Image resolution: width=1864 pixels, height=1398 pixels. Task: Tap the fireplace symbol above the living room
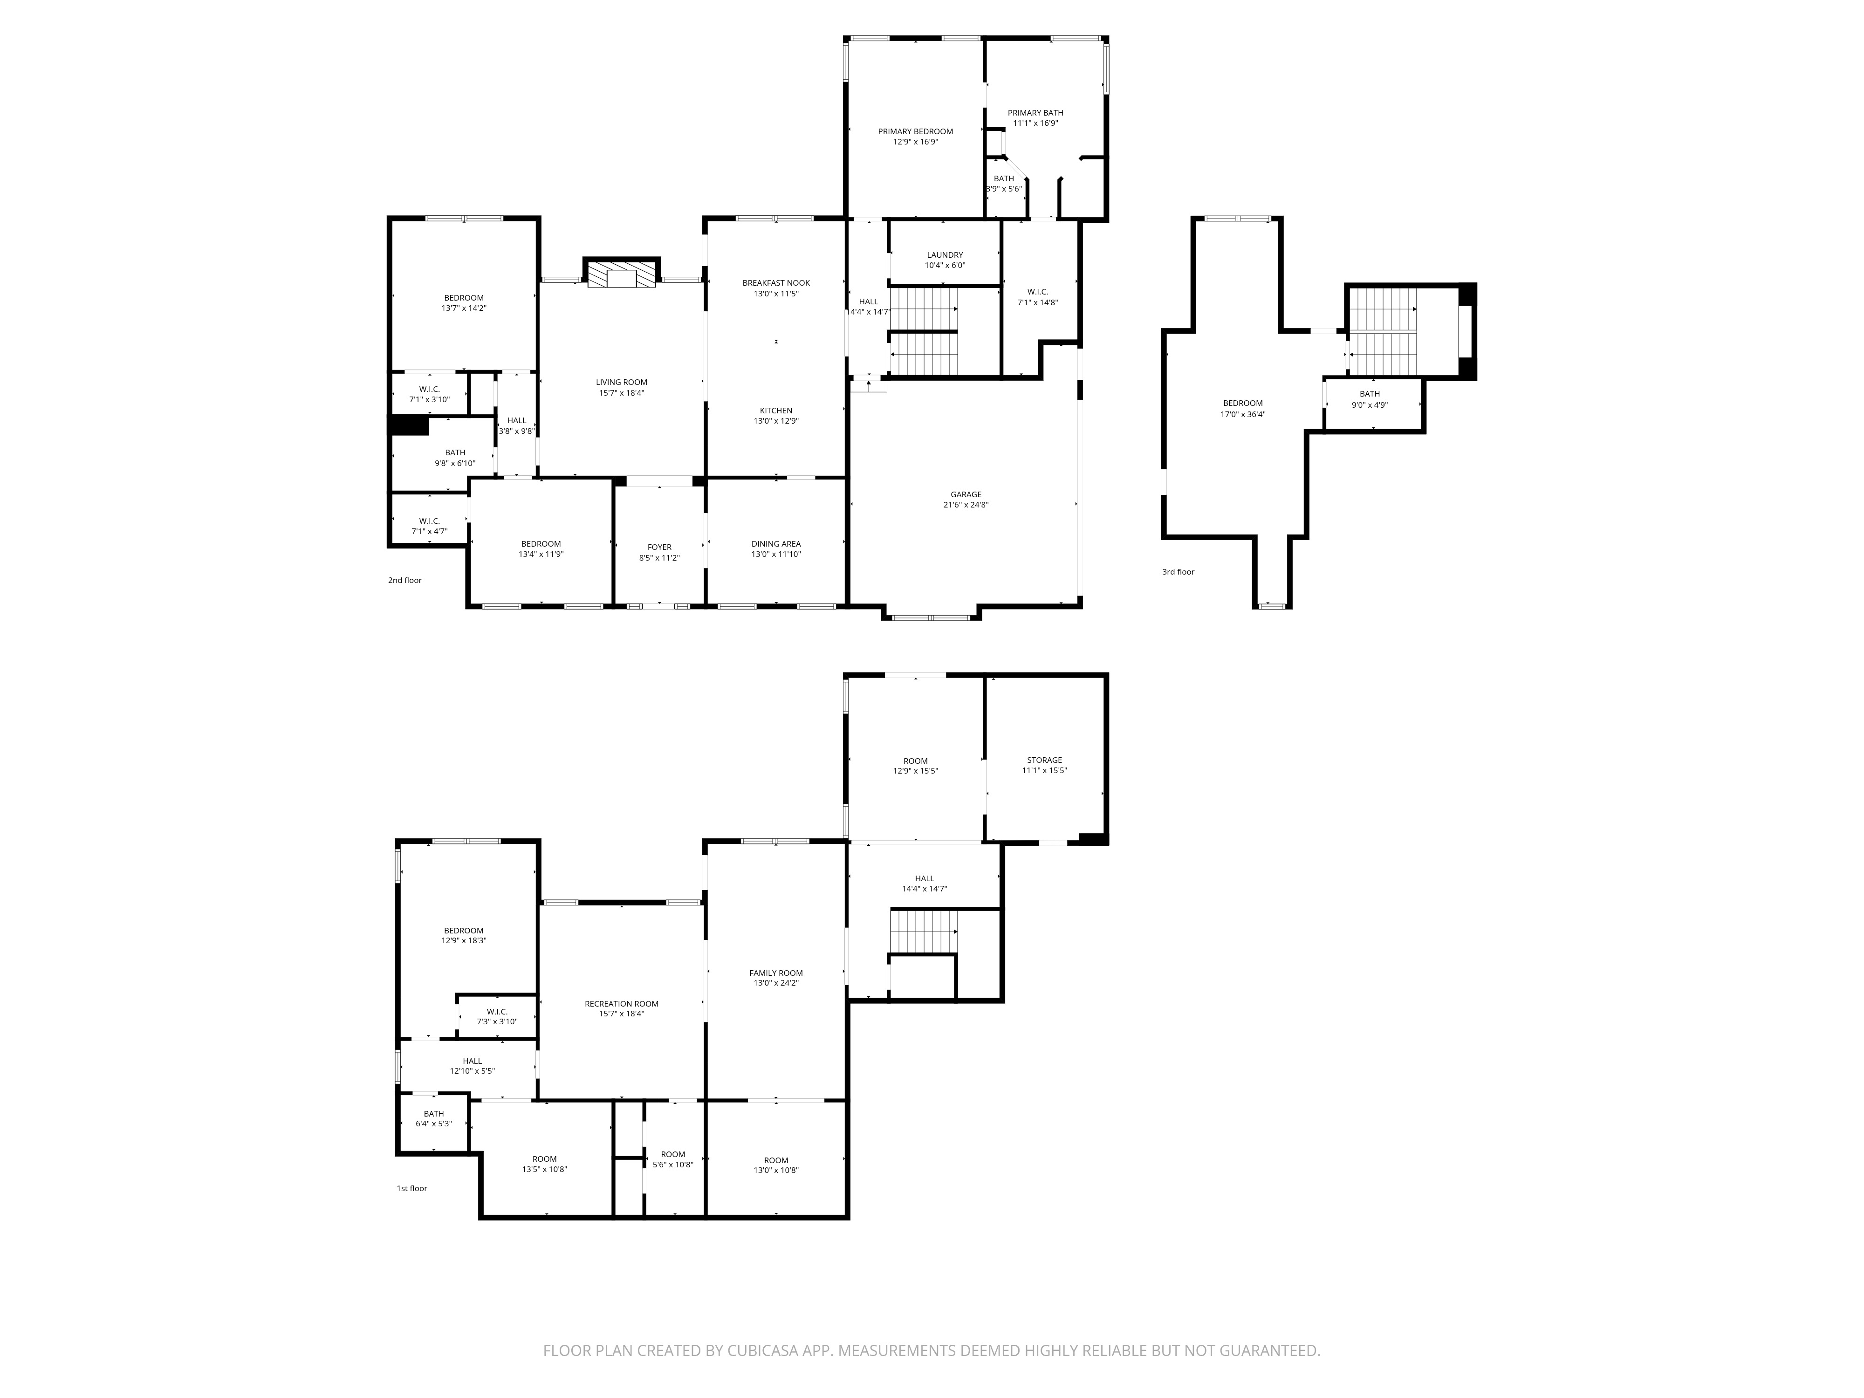(622, 275)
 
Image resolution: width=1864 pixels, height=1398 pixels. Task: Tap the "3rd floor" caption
(1178, 572)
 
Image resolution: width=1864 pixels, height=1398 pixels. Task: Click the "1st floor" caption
(412, 1188)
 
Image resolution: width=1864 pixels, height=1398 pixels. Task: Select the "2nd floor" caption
(404, 581)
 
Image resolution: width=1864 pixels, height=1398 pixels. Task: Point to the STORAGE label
(1044, 760)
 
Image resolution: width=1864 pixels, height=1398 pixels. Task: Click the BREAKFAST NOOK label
(776, 283)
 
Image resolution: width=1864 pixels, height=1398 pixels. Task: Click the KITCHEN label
(776, 411)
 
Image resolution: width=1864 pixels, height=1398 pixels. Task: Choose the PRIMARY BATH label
(1035, 113)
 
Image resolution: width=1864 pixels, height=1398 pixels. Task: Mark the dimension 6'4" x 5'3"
(434, 1124)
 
